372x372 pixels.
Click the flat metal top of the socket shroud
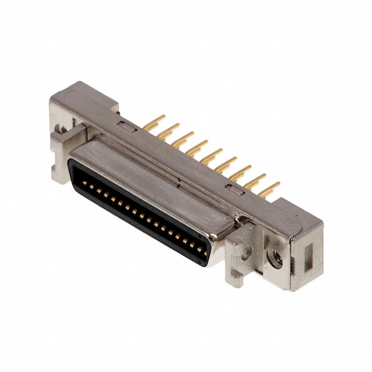tap(151, 174)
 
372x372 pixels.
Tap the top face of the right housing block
tap(291, 212)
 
